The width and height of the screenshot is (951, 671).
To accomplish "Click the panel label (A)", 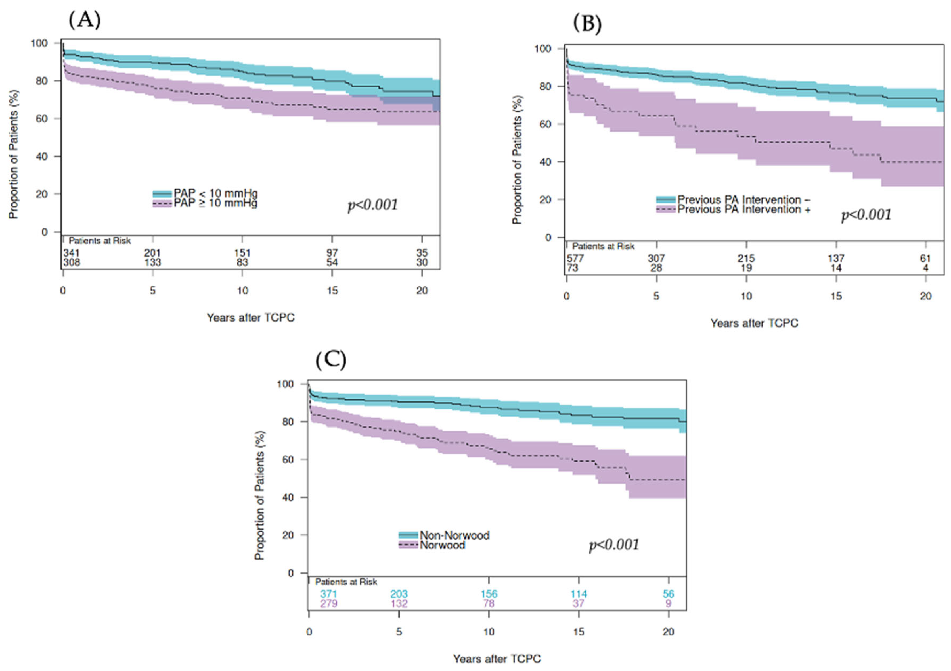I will [85, 20].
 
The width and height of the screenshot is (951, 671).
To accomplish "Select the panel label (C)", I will [330, 360].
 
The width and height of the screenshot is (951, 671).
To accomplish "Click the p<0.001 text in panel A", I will [373, 205].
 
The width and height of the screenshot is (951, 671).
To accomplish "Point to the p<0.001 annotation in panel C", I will [614, 545].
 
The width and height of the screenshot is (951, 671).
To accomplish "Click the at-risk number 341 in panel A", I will [71, 253].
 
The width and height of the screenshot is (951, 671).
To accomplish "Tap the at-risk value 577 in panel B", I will [575, 259].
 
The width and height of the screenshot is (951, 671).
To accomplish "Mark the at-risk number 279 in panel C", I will [328, 603].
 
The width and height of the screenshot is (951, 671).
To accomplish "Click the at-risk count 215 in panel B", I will [746, 259].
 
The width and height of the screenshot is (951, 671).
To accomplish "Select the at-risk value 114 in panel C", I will [579, 594].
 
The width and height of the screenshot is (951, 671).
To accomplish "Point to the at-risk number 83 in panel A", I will [242, 262].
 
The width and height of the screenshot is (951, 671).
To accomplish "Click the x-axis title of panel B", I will [754, 323].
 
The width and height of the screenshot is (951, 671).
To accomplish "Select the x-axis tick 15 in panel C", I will [579, 632].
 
